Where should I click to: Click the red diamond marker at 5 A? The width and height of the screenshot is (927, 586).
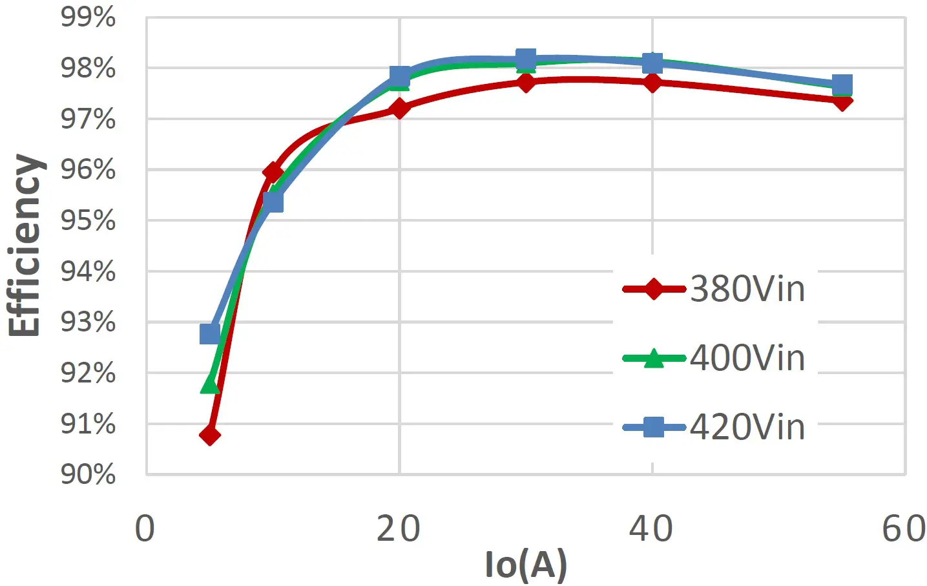[x=210, y=435]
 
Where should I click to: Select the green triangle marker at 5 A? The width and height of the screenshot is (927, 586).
[x=210, y=383]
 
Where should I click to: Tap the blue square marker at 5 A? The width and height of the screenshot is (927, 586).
[x=210, y=334]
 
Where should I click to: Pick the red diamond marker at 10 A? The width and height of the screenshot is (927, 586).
[x=273, y=173]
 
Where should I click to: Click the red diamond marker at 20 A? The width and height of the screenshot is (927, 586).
[x=400, y=109]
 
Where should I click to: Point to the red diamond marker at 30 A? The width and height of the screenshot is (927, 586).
[x=526, y=82]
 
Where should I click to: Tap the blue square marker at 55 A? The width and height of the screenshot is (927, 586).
[x=842, y=85]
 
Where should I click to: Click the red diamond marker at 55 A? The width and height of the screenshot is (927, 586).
[x=842, y=100]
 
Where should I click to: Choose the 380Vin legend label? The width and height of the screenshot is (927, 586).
[x=747, y=289]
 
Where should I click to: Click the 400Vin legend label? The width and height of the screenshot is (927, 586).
[x=747, y=358]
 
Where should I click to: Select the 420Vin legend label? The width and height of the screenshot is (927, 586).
[x=747, y=427]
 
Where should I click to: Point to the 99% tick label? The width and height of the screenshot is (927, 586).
[x=89, y=17]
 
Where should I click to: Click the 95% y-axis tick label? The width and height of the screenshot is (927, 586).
[x=89, y=221]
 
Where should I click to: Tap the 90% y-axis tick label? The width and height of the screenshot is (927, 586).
[x=89, y=475]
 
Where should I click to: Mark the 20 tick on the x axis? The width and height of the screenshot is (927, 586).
[x=399, y=529]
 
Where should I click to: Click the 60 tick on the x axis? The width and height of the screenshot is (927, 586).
[x=904, y=529]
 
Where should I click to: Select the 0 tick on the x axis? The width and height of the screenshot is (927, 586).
[x=145, y=529]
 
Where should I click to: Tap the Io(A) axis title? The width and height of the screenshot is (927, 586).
[x=526, y=565]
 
